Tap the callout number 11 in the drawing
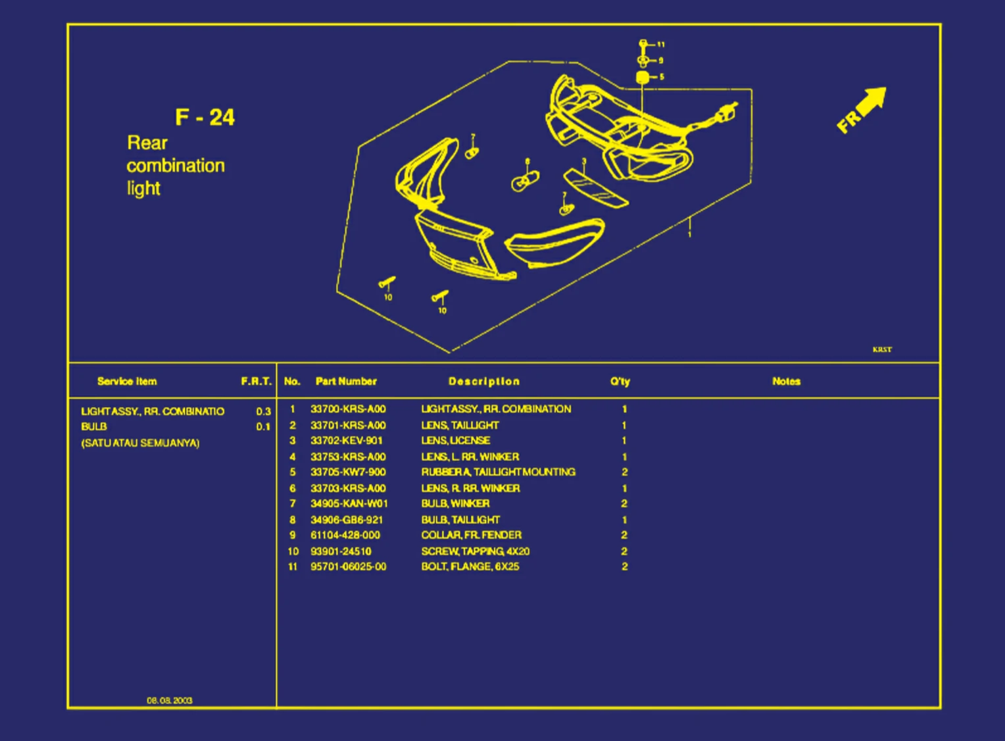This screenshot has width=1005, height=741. (x=661, y=45)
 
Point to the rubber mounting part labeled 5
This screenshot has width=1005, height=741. (x=643, y=78)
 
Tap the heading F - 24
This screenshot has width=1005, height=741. (x=205, y=118)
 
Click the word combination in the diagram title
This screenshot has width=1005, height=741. (x=176, y=166)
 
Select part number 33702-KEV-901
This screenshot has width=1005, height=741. (x=347, y=441)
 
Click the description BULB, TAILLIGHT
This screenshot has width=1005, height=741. (x=460, y=519)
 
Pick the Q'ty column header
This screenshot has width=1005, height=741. (x=620, y=381)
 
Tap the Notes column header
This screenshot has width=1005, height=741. (x=786, y=381)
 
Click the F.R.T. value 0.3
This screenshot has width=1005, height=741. (x=263, y=412)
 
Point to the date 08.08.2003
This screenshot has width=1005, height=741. (x=170, y=700)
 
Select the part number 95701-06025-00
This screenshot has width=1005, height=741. (x=349, y=567)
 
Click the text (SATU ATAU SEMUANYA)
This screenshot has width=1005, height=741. (x=140, y=443)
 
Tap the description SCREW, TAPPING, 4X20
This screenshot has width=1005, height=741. (x=475, y=551)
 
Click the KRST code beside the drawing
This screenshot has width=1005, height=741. (x=882, y=350)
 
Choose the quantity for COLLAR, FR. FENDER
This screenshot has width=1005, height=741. (x=624, y=535)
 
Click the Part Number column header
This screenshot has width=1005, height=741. (x=346, y=381)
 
